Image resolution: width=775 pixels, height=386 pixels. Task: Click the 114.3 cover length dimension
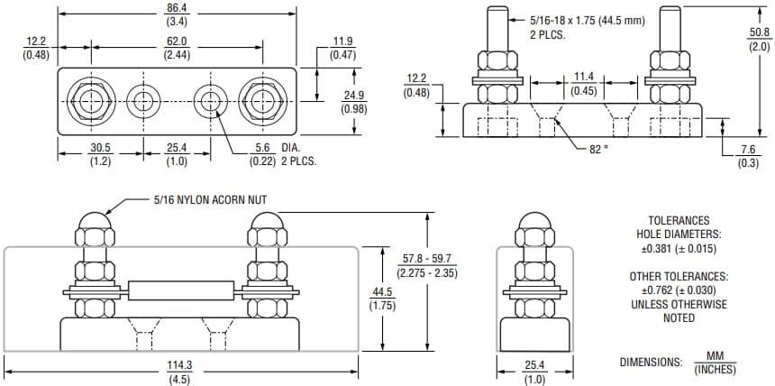coord(180,365)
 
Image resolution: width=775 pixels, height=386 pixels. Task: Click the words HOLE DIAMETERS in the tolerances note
coord(679,234)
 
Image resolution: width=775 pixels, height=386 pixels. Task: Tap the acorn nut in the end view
coord(534,224)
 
